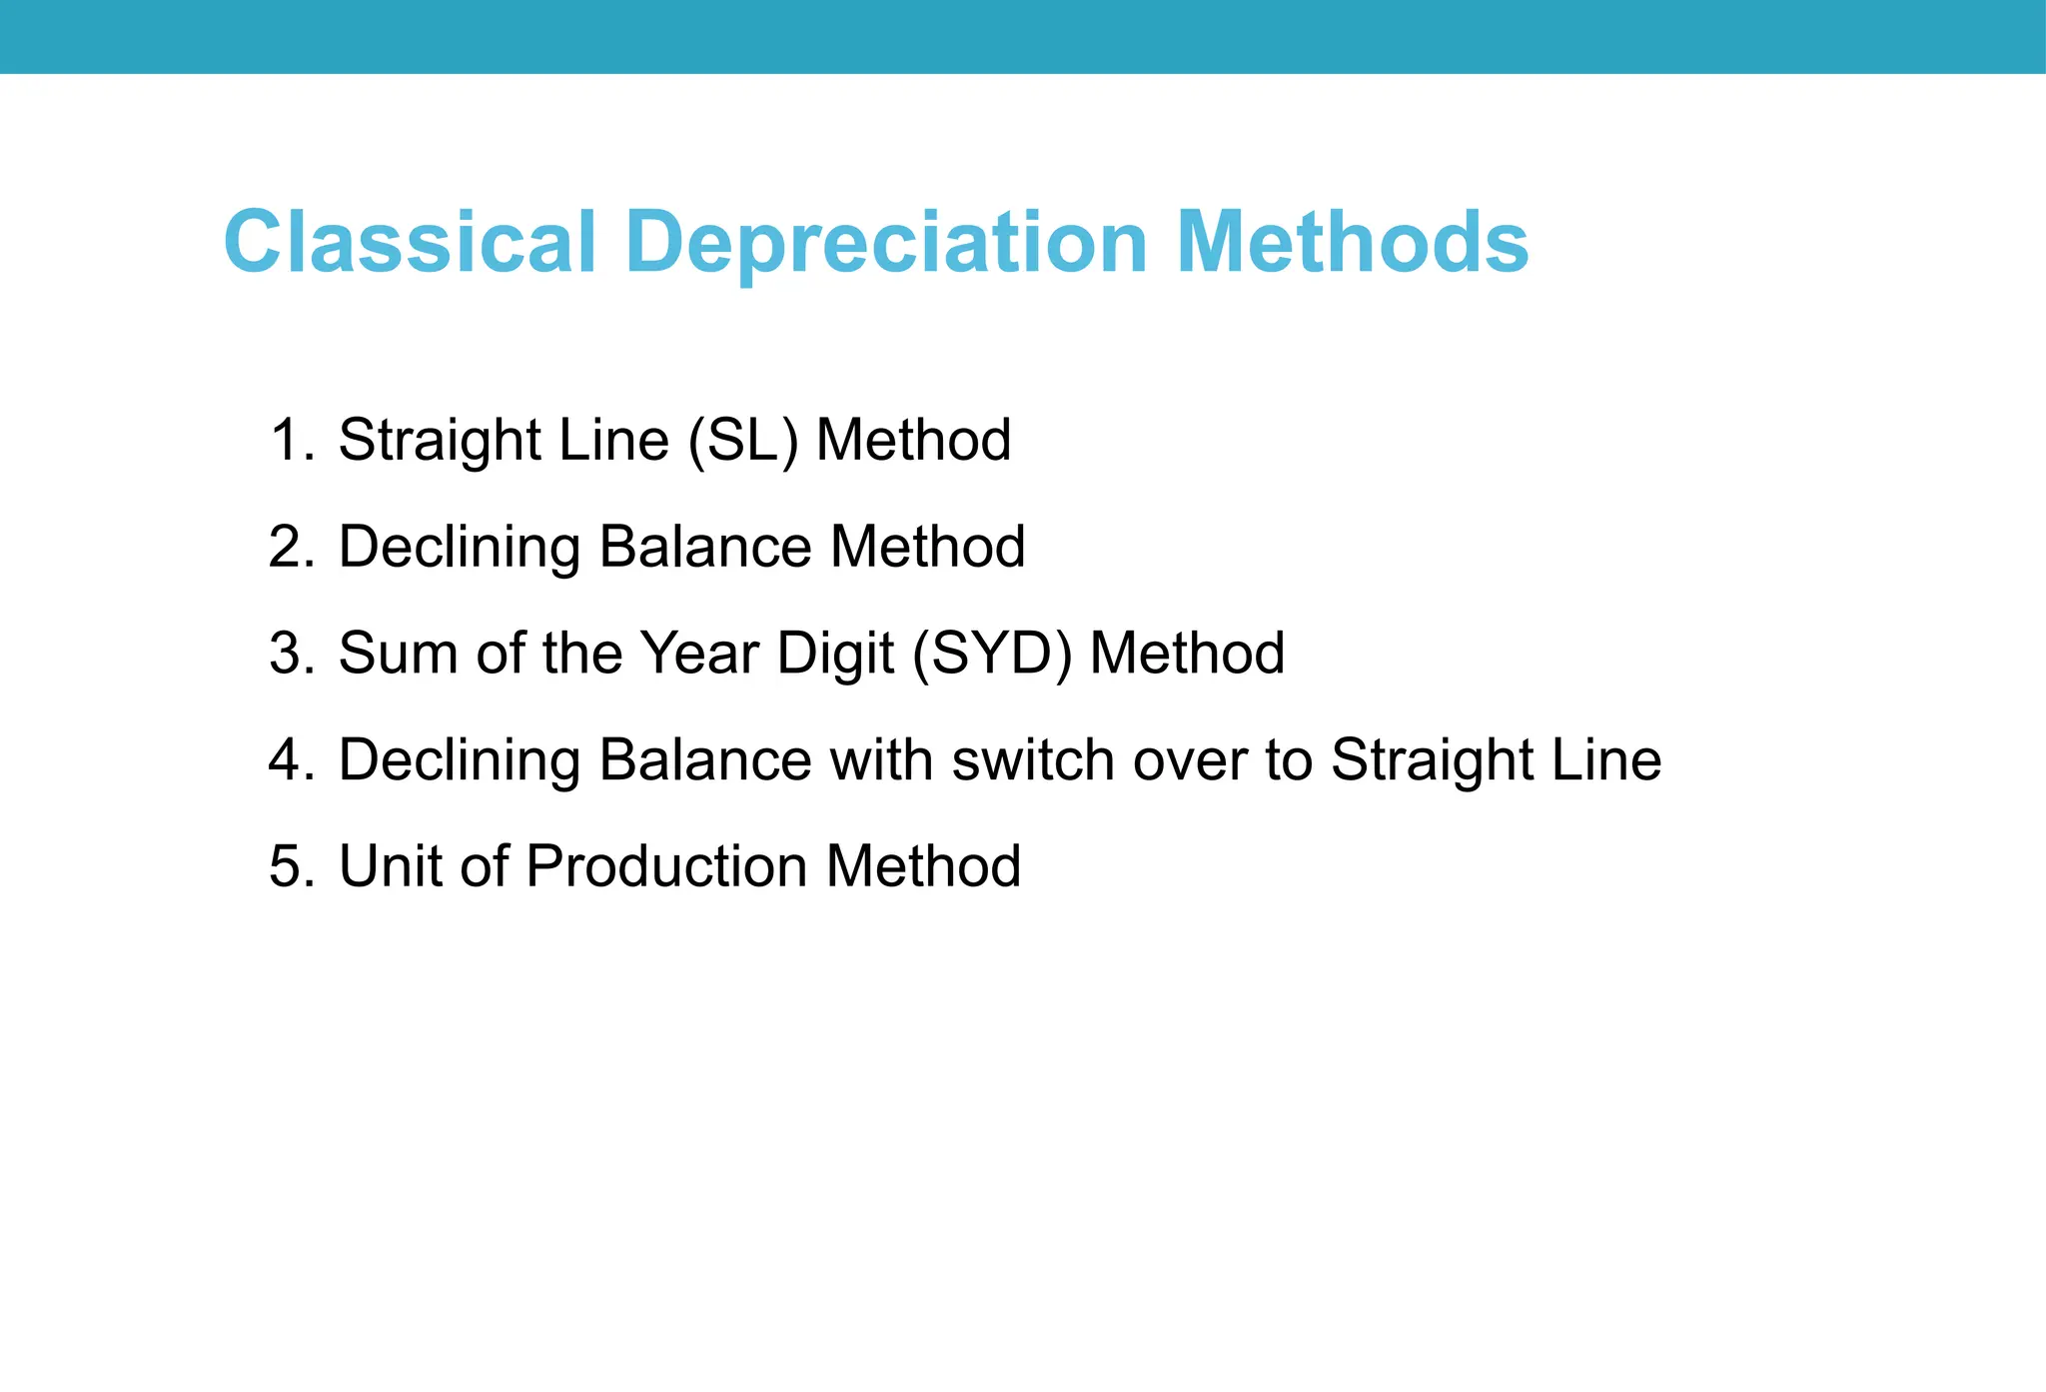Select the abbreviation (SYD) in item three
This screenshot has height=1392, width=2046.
click(x=992, y=654)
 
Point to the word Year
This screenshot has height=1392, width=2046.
click(x=699, y=654)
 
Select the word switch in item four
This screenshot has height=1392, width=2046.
click(x=1032, y=760)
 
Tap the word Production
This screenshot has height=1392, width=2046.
click(x=666, y=866)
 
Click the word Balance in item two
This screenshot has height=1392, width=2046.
click(x=705, y=548)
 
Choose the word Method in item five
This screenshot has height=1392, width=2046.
click(x=923, y=866)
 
